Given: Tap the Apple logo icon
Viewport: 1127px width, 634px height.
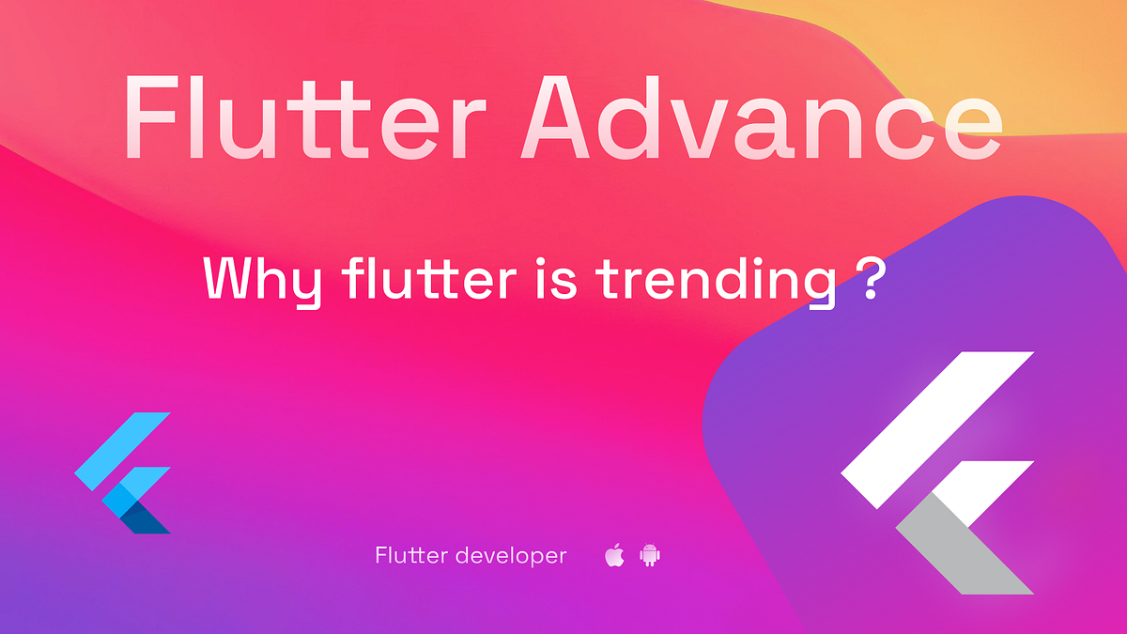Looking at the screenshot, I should (614, 555).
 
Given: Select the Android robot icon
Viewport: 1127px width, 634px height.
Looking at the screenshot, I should (650, 555).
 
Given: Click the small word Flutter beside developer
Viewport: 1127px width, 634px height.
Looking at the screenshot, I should (410, 555).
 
